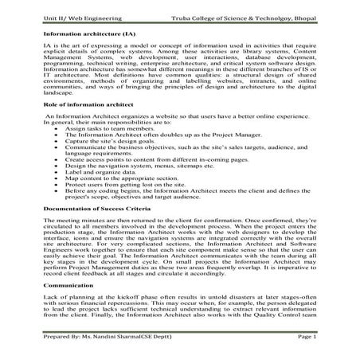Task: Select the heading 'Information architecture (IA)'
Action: [x=88, y=36]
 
